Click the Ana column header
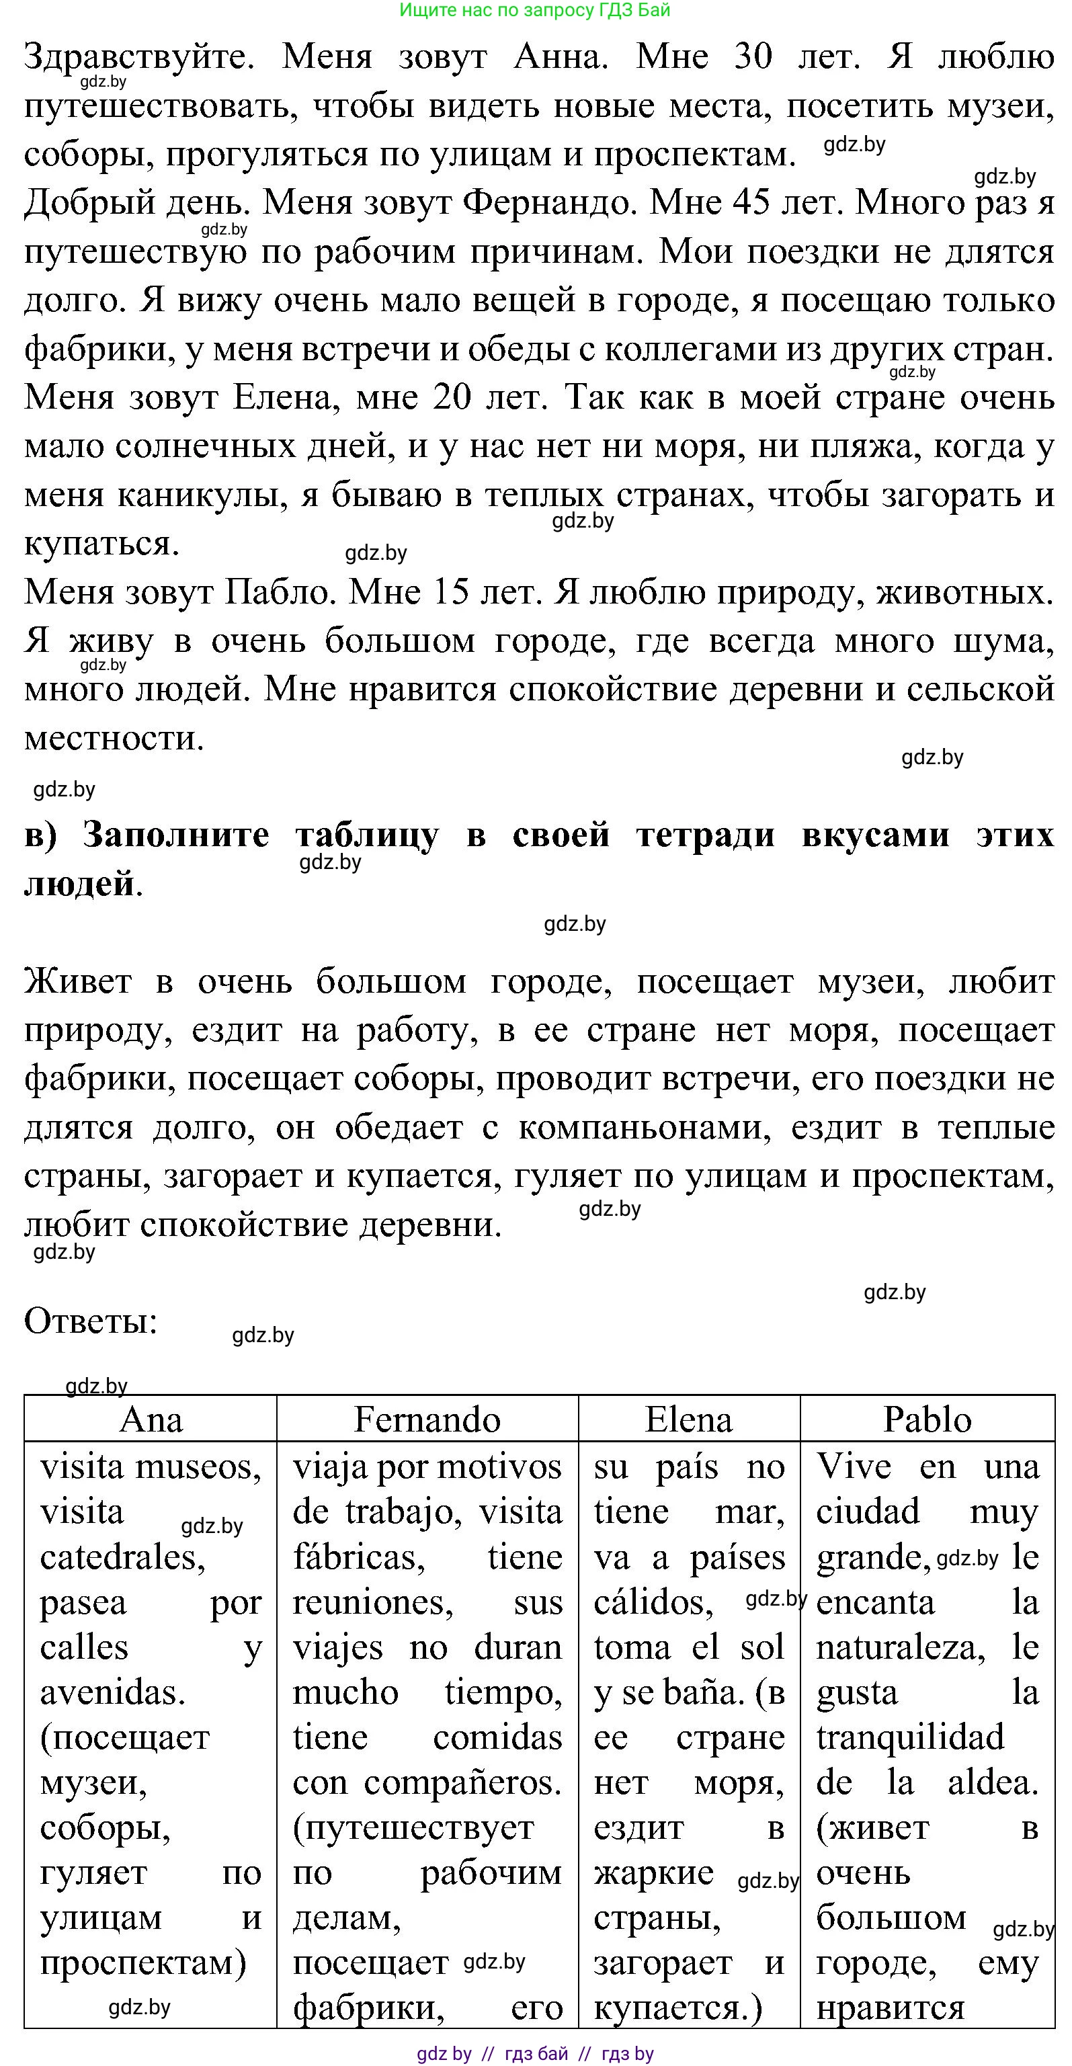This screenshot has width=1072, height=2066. tap(151, 1419)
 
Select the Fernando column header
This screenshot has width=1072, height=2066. tap(427, 1419)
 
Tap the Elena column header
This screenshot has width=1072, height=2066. tap(689, 1419)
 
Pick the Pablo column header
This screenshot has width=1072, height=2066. tap(927, 1419)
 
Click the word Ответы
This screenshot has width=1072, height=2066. tap(91, 1321)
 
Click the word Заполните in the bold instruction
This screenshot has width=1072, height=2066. tap(175, 835)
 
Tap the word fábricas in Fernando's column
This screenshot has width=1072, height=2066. tap(358, 1557)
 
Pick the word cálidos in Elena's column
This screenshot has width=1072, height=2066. tap(653, 1602)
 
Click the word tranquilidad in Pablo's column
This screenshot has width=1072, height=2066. tap(910, 1737)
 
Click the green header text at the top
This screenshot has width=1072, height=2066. tap(534, 11)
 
